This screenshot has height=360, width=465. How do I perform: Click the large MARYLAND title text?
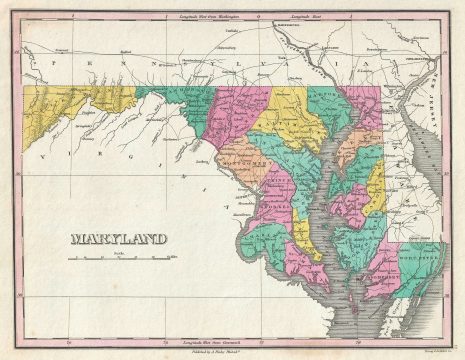pos(118,239)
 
